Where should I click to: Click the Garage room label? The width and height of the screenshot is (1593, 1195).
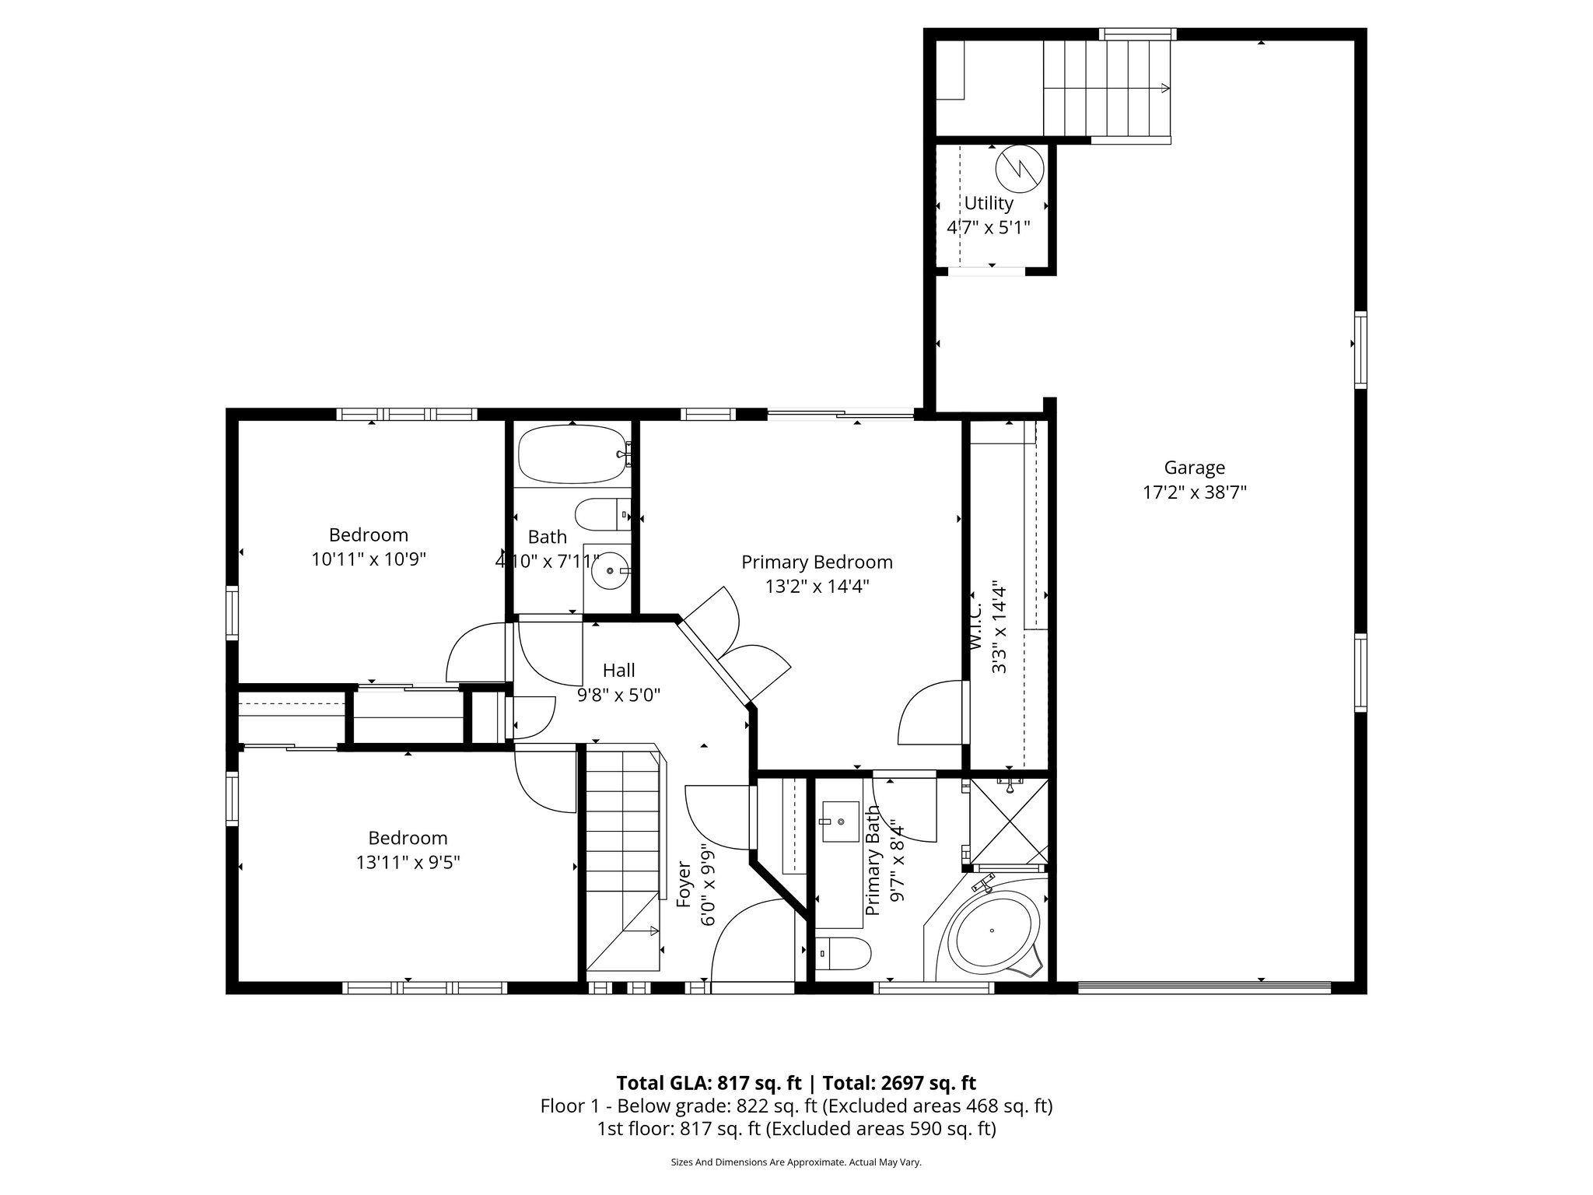click(1194, 468)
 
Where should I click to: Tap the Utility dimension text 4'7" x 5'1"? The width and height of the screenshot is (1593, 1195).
click(988, 228)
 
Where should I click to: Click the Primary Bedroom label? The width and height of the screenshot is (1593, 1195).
click(817, 562)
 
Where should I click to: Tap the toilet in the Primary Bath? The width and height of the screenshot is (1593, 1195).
click(844, 953)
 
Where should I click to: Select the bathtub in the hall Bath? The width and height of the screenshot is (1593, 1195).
click(574, 454)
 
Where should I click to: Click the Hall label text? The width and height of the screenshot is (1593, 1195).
click(618, 670)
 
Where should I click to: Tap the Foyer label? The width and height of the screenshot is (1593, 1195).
click(684, 884)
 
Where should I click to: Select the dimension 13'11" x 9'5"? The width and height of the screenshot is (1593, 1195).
click(408, 863)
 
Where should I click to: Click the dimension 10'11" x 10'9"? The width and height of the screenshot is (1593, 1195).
click(369, 559)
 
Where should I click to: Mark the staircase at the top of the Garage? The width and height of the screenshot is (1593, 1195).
click(1106, 88)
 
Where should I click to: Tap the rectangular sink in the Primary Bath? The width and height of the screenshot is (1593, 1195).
click(837, 824)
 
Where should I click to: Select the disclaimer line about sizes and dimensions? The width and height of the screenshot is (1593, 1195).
click(796, 1162)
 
